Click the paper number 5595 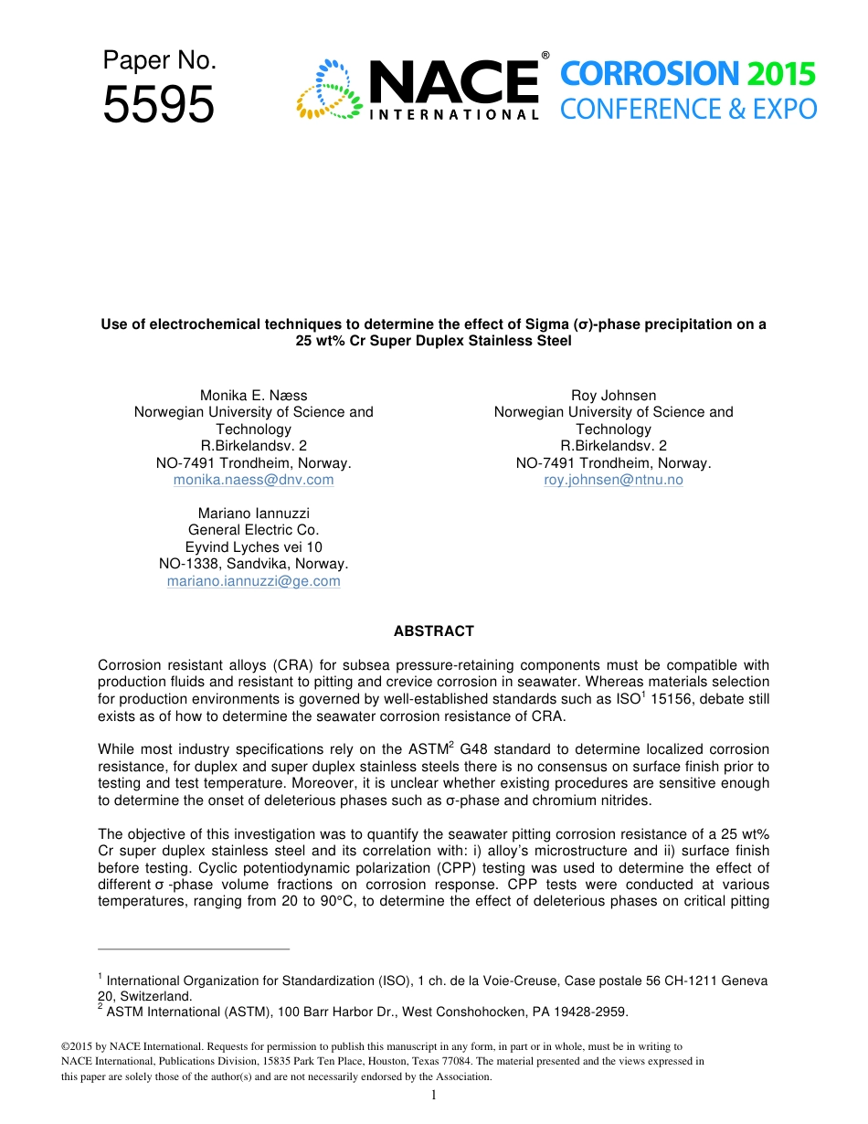(x=158, y=104)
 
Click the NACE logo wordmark (x=453, y=82)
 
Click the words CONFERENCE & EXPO (x=688, y=110)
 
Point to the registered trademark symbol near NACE (x=545, y=56)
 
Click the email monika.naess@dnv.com (x=253, y=480)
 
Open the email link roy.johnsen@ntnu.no (x=613, y=480)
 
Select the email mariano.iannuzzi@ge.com (x=253, y=581)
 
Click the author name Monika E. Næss (x=253, y=395)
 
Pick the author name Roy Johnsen (x=613, y=395)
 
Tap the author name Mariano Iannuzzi (x=253, y=514)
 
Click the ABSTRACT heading (x=433, y=631)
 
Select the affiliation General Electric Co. (x=253, y=530)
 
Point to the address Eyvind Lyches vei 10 (x=253, y=547)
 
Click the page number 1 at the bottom (x=434, y=1095)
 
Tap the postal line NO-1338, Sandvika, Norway (x=253, y=564)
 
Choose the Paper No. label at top (x=159, y=60)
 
